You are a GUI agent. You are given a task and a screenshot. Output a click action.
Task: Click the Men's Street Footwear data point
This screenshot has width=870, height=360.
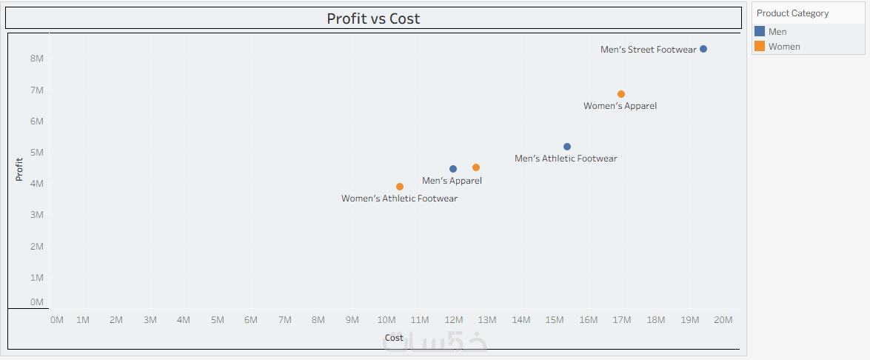tap(703, 49)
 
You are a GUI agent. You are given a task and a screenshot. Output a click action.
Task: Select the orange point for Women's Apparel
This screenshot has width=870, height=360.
tap(621, 94)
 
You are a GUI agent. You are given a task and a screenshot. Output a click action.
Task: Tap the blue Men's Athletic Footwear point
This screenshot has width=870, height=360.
tap(567, 147)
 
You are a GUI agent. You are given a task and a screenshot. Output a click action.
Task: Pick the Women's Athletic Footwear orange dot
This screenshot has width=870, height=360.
tap(400, 187)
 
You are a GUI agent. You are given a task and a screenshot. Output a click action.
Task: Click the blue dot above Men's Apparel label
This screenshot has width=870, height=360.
tap(453, 169)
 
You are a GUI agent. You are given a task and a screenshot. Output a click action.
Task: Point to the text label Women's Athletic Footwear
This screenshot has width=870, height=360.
tap(399, 199)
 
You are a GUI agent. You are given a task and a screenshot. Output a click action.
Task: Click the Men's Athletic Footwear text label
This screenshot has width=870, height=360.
tap(566, 159)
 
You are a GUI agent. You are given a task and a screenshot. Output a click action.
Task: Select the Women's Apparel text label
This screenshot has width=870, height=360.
tap(620, 106)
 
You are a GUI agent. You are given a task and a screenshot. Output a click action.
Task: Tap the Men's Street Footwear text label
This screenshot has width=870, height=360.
tap(648, 50)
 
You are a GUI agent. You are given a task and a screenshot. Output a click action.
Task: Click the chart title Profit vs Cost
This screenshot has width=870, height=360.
tap(373, 19)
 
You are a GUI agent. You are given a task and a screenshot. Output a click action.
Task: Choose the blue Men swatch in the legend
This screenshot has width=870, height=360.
tap(760, 32)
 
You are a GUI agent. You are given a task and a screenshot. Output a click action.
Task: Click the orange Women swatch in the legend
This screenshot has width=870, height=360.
tap(760, 47)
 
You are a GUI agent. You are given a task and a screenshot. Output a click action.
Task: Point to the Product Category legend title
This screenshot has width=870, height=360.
tap(793, 13)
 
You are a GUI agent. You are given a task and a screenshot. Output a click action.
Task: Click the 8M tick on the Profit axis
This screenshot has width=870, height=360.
tap(36, 59)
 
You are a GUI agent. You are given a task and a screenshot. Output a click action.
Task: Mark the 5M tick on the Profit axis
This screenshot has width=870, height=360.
tap(36, 153)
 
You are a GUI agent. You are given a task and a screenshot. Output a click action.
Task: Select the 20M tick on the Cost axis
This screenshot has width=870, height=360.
tap(723, 320)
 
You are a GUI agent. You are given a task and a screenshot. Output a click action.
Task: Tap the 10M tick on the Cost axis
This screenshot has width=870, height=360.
tap(387, 320)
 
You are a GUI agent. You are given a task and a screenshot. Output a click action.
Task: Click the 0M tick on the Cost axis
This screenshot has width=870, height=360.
tap(56, 320)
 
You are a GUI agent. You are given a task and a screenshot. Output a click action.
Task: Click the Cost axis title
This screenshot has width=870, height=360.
tap(394, 338)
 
